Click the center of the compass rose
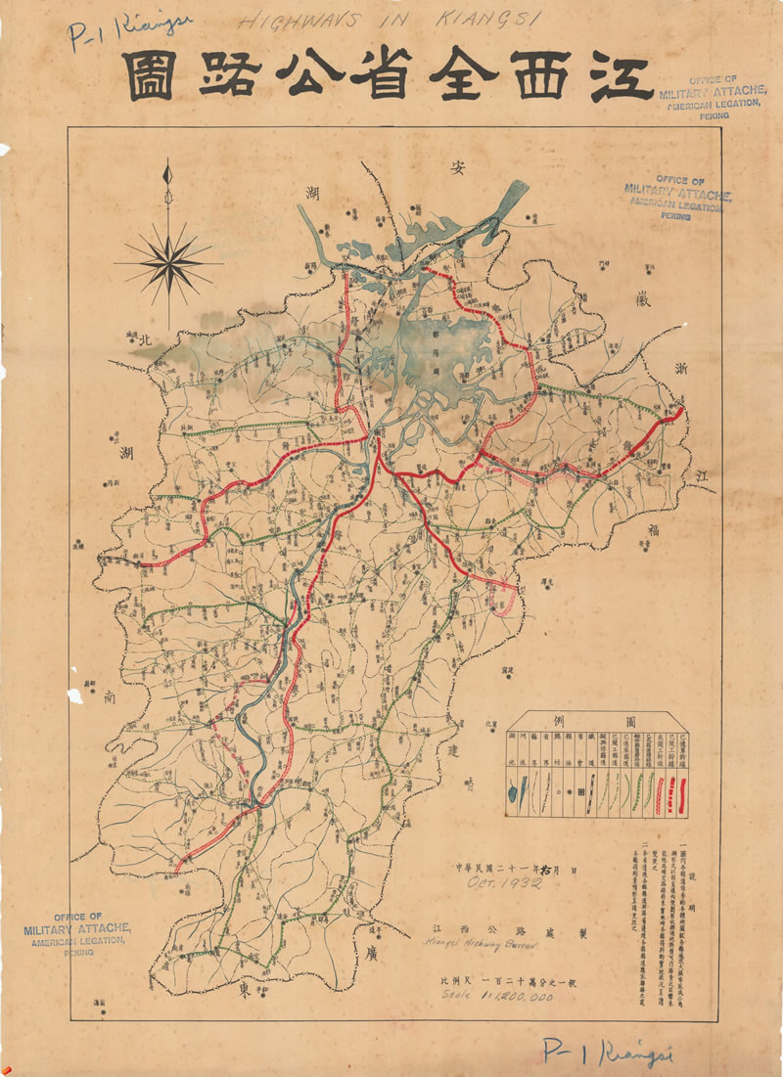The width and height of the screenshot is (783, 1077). click(x=168, y=262)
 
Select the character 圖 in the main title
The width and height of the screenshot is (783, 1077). click(x=150, y=76)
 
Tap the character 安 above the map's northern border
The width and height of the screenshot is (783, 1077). click(x=455, y=168)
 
